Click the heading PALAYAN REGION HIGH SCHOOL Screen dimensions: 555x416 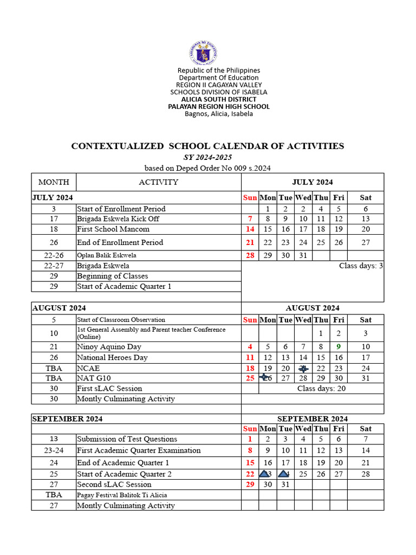218,107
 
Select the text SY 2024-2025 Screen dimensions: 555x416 207,157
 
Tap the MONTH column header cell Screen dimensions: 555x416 54,182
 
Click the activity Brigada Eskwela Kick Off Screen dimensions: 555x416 118,219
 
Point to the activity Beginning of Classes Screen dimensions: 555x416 112,276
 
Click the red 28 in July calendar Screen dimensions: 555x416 250,255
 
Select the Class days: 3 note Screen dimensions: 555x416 361,266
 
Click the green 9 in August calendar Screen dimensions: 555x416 339,347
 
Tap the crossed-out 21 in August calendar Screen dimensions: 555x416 303,368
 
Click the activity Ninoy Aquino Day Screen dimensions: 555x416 109,347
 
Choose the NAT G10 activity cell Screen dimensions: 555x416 94,378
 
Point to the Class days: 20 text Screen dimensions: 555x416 321,389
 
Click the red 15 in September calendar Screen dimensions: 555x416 250,463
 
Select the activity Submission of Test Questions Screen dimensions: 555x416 127,439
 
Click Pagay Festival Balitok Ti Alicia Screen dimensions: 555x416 122,495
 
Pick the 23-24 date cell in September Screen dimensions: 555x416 54,450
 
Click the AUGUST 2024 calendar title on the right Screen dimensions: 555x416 313,308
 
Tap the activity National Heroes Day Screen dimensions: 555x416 112,358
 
